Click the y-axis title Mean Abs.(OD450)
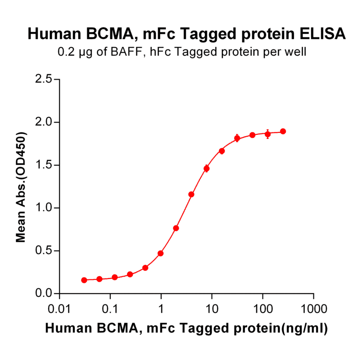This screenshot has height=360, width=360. [21, 187]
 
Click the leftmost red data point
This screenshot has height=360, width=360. [84, 280]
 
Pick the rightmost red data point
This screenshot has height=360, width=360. [283, 131]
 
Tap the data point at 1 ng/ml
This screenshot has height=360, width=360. [161, 254]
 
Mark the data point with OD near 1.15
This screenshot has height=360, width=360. [191, 194]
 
